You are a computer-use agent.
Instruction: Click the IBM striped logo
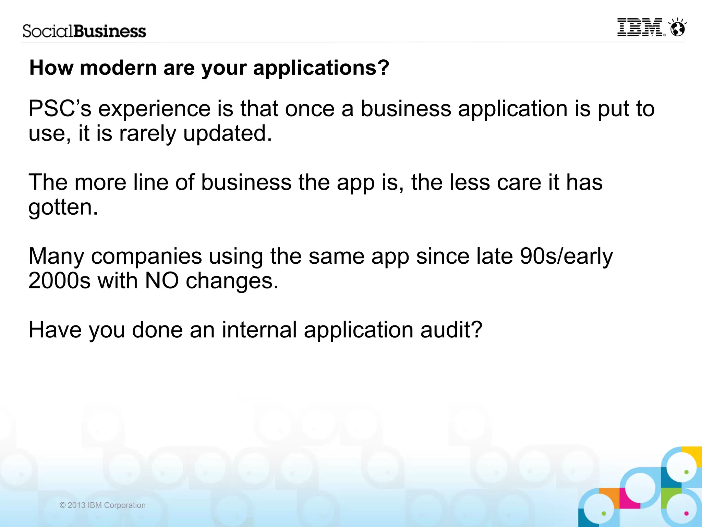point(640,27)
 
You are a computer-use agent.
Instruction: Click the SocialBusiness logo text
point(84,31)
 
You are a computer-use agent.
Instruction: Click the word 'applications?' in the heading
point(321,68)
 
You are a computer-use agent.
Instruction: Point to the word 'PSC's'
point(60,109)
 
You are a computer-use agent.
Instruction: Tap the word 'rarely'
point(147,134)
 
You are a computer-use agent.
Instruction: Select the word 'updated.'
point(228,134)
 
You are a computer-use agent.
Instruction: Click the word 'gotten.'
point(63,207)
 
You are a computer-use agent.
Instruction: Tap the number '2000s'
point(59,281)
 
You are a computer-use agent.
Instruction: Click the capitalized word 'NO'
point(162,281)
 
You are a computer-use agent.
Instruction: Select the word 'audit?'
point(451,330)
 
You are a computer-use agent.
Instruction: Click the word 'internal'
point(259,330)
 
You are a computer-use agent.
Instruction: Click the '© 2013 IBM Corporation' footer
point(102,505)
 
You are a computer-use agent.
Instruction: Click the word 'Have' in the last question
point(55,330)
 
